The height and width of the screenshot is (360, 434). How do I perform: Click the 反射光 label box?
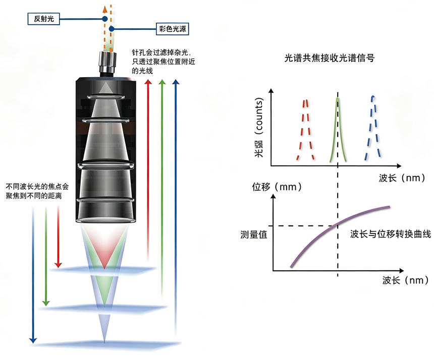pyautogui.click(x=44, y=19)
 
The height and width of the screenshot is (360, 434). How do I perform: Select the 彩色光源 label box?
pyautogui.click(x=173, y=29)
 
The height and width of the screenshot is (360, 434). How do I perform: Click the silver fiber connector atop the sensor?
pyautogui.click(x=107, y=62)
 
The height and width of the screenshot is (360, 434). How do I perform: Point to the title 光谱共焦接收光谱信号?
pyautogui.click(x=330, y=58)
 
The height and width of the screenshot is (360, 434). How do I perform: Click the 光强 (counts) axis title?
pyautogui.click(x=258, y=128)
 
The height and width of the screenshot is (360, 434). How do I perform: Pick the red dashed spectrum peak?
pyautogui.click(x=305, y=130)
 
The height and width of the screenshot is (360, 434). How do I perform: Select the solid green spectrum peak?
pyautogui.click(x=338, y=130)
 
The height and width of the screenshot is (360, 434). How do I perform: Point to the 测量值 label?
pyautogui.click(x=253, y=235)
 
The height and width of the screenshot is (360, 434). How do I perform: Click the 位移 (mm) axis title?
pyautogui.click(x=277, y=187)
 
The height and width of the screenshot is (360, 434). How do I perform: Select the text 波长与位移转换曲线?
pyautogui.click(x=390, y=234)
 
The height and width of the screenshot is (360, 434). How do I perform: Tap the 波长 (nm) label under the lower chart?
pyautogui.click(x=405, y=280)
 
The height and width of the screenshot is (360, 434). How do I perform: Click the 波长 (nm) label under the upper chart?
pyautogui.click(x=402, y=178)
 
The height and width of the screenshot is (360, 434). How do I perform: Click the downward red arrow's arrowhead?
pyautogui.click(x=58, y=265)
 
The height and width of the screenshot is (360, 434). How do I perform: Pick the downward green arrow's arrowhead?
pyautogui.click(x=46, y=303)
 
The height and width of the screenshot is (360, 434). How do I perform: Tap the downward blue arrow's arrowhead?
pyautogui.click(x=33, y=340)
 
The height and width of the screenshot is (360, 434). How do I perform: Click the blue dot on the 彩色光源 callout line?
pyautogui.click(x=112, y=29)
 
